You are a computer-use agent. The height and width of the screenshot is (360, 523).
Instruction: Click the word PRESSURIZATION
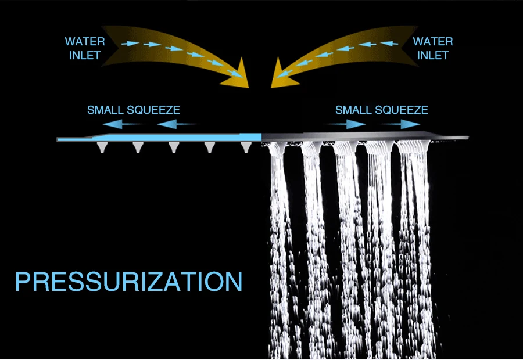128,281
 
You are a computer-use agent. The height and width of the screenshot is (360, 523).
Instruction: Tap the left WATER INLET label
85,48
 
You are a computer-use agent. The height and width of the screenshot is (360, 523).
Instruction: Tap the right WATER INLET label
432,48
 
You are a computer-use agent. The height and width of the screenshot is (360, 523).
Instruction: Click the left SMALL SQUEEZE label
133,110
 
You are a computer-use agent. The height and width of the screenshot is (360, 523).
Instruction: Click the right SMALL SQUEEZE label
381,110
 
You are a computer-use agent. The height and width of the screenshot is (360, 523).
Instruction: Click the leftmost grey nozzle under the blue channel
102,147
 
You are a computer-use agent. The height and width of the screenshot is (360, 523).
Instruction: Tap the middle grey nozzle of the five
173,147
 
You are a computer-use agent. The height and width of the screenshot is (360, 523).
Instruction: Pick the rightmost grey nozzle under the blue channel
246,147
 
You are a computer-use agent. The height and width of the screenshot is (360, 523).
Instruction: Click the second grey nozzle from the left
137,147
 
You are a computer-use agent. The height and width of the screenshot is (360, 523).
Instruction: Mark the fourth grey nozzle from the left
210,147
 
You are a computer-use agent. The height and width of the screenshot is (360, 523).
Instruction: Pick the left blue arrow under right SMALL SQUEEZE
349,124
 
